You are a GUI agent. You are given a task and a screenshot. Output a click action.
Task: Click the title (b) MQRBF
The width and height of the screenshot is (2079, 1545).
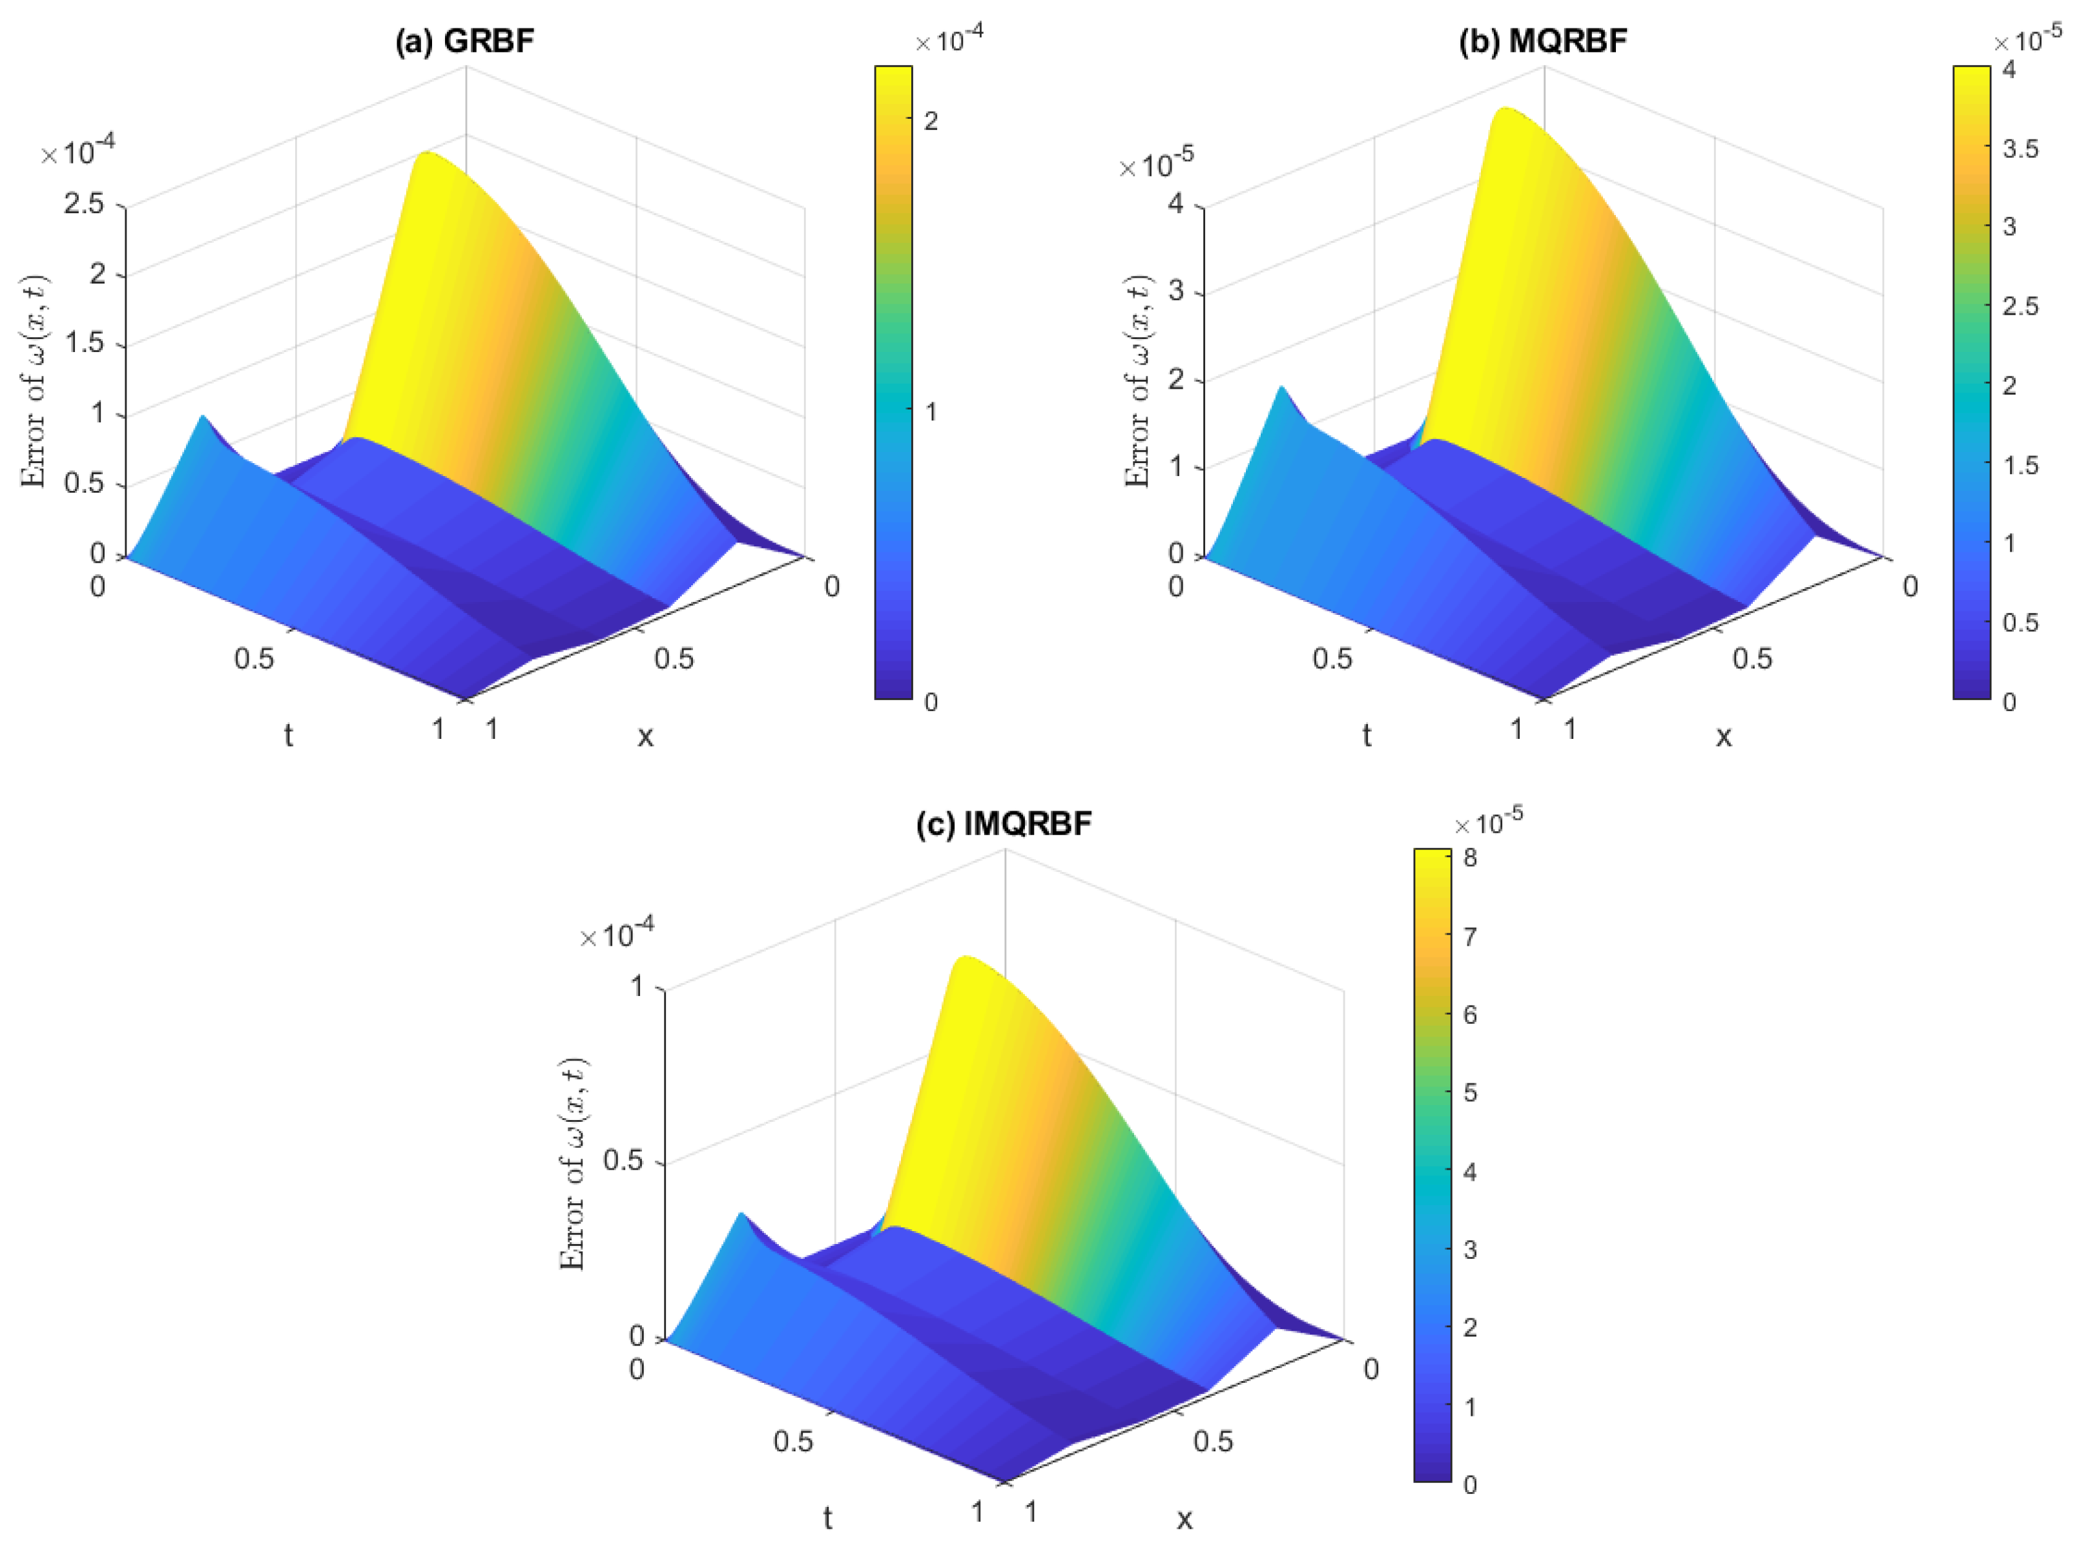pos(1542,41)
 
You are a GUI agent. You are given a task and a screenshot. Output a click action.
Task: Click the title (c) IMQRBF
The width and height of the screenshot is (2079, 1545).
pos(1004,824)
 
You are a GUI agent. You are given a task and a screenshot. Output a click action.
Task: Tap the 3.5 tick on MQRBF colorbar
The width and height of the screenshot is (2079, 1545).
pos(2020,149)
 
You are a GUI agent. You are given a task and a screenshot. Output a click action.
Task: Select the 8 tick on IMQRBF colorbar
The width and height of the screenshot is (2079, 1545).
pos(1470,858)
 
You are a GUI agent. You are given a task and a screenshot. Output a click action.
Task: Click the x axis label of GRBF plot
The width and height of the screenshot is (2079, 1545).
pos(645,737)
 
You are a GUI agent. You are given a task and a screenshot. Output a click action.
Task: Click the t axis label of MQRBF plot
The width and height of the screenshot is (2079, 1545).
pos(1367,736)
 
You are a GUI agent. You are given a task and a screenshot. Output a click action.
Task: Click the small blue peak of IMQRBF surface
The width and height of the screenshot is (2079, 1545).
pos(741,1215)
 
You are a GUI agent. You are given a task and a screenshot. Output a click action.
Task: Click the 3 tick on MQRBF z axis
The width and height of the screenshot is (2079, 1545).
pos(1175,291)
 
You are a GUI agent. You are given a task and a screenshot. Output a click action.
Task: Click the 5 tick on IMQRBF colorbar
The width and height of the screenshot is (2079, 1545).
pos(1470,1092)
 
